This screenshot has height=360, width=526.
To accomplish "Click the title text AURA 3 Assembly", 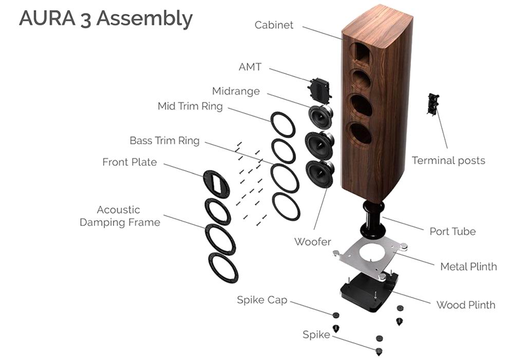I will click(x=106, y=19).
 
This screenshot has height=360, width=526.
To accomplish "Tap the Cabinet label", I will click(x=274, y=25).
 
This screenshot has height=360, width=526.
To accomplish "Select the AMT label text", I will click(x=250, y=67).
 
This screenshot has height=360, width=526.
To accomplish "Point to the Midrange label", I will click(x=236, y=91).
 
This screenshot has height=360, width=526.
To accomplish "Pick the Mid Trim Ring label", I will click(x=190, y=107).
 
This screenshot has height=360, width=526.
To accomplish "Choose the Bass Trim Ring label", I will click(x=164, y=140).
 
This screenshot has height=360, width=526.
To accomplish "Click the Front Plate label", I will click(x=129, y=162).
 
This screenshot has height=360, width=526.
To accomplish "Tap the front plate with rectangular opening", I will click(x=216, y=184).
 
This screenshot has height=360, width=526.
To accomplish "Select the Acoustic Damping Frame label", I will click(x=120, y=216).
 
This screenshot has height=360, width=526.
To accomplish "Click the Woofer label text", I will click(x=313, y=241).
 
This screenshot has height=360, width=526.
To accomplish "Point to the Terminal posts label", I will click(x=448, y=161).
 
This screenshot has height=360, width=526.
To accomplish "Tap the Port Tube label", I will click(x=453, y=231).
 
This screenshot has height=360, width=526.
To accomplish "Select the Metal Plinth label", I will click(x=468, y=267).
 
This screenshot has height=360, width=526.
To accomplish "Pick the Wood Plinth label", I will click(x=465, y=305).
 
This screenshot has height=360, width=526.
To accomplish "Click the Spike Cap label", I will click(x=261, y=300).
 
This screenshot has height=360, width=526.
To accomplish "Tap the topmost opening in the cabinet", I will click(x=362, y=53).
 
